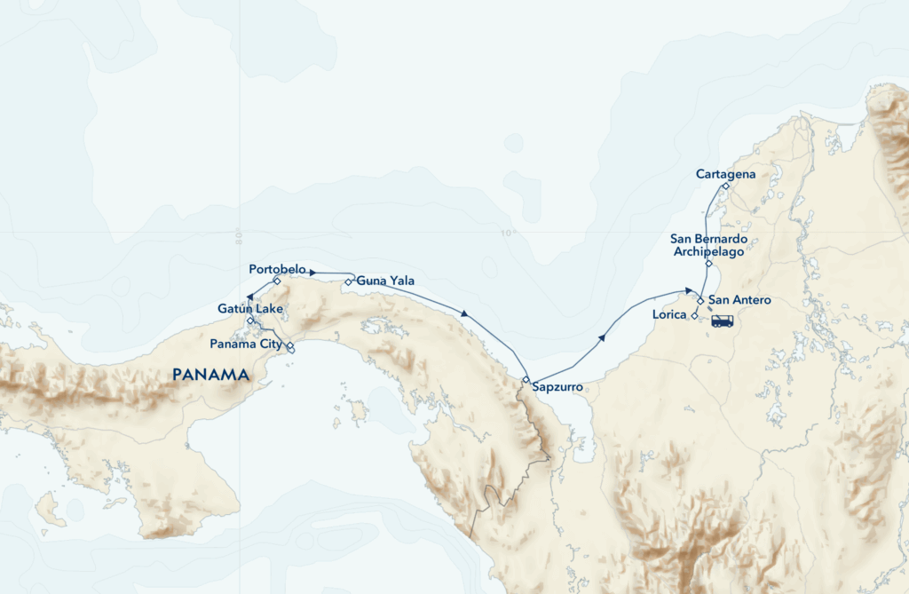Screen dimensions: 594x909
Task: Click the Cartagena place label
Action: click(725, 174)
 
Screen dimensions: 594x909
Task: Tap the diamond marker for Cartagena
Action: click(725, 186)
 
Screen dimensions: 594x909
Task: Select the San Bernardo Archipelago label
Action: click(707, 245)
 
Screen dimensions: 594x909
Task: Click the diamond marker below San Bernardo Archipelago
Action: click(708, 264)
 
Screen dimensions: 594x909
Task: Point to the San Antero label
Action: click(739, 301)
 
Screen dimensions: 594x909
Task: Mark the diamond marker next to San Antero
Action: click(700, 301)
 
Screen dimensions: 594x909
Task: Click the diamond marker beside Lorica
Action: click(694, 315)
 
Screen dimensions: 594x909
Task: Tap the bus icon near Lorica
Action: click(722, 321)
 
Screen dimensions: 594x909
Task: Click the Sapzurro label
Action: click(557, 387)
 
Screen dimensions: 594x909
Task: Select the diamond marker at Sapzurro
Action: click(526, 380)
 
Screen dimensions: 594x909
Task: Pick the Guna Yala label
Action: click(385, 281)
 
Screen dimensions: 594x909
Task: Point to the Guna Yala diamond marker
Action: click(349, 282)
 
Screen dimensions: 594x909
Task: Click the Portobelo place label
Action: click(278, 268)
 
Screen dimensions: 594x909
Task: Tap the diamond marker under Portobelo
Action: click(277, 281)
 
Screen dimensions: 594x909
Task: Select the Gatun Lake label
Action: click(250, 308)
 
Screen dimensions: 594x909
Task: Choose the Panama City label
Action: click(246, 344)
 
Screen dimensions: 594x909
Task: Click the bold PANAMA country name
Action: click(210, 375)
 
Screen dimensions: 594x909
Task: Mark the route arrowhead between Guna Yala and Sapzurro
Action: click(465, 313)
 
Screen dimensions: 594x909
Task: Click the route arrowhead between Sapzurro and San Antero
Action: click(602, 337)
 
